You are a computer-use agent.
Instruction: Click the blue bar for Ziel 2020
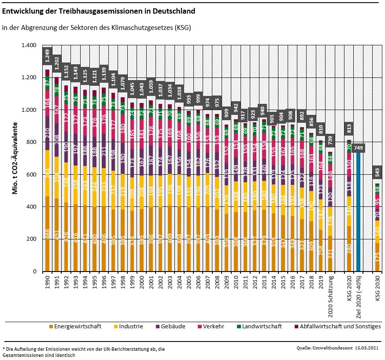pos(359,211)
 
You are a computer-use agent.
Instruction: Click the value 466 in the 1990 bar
pos(47,246)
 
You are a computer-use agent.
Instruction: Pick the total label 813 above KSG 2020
pos(349,128)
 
